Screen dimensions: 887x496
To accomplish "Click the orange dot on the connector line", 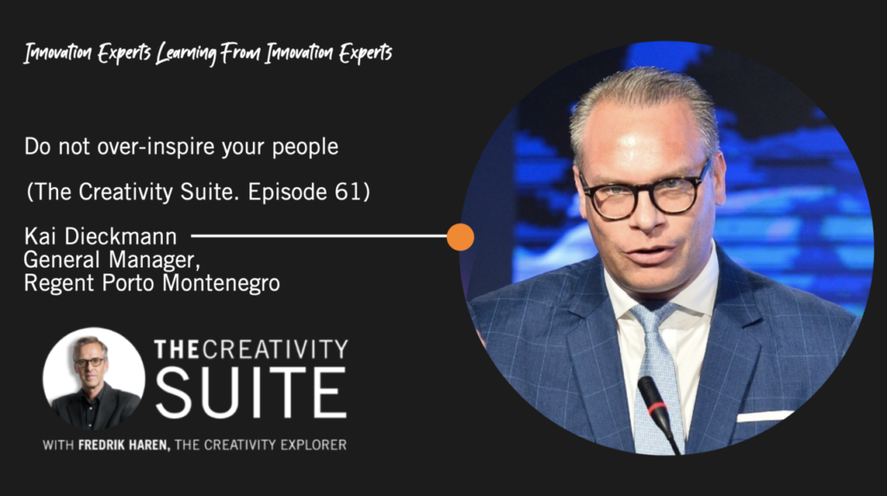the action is tap(460, 237).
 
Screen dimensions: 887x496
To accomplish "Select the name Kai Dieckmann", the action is tap(100, 236).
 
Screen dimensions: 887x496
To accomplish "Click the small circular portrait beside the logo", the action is tap(94, 378).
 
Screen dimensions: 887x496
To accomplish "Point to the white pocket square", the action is tap(764, 416).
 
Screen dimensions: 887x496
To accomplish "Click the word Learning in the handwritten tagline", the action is tap(186, 54).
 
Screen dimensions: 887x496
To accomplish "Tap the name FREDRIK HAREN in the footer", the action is tap(124, 445).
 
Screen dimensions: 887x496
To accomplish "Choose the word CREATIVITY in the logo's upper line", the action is tap(275, 350).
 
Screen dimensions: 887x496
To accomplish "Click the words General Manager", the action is tap(112, 260).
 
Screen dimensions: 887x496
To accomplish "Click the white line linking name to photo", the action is tap(319, 236).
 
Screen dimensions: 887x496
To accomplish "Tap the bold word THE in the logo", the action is tap(177, 350).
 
